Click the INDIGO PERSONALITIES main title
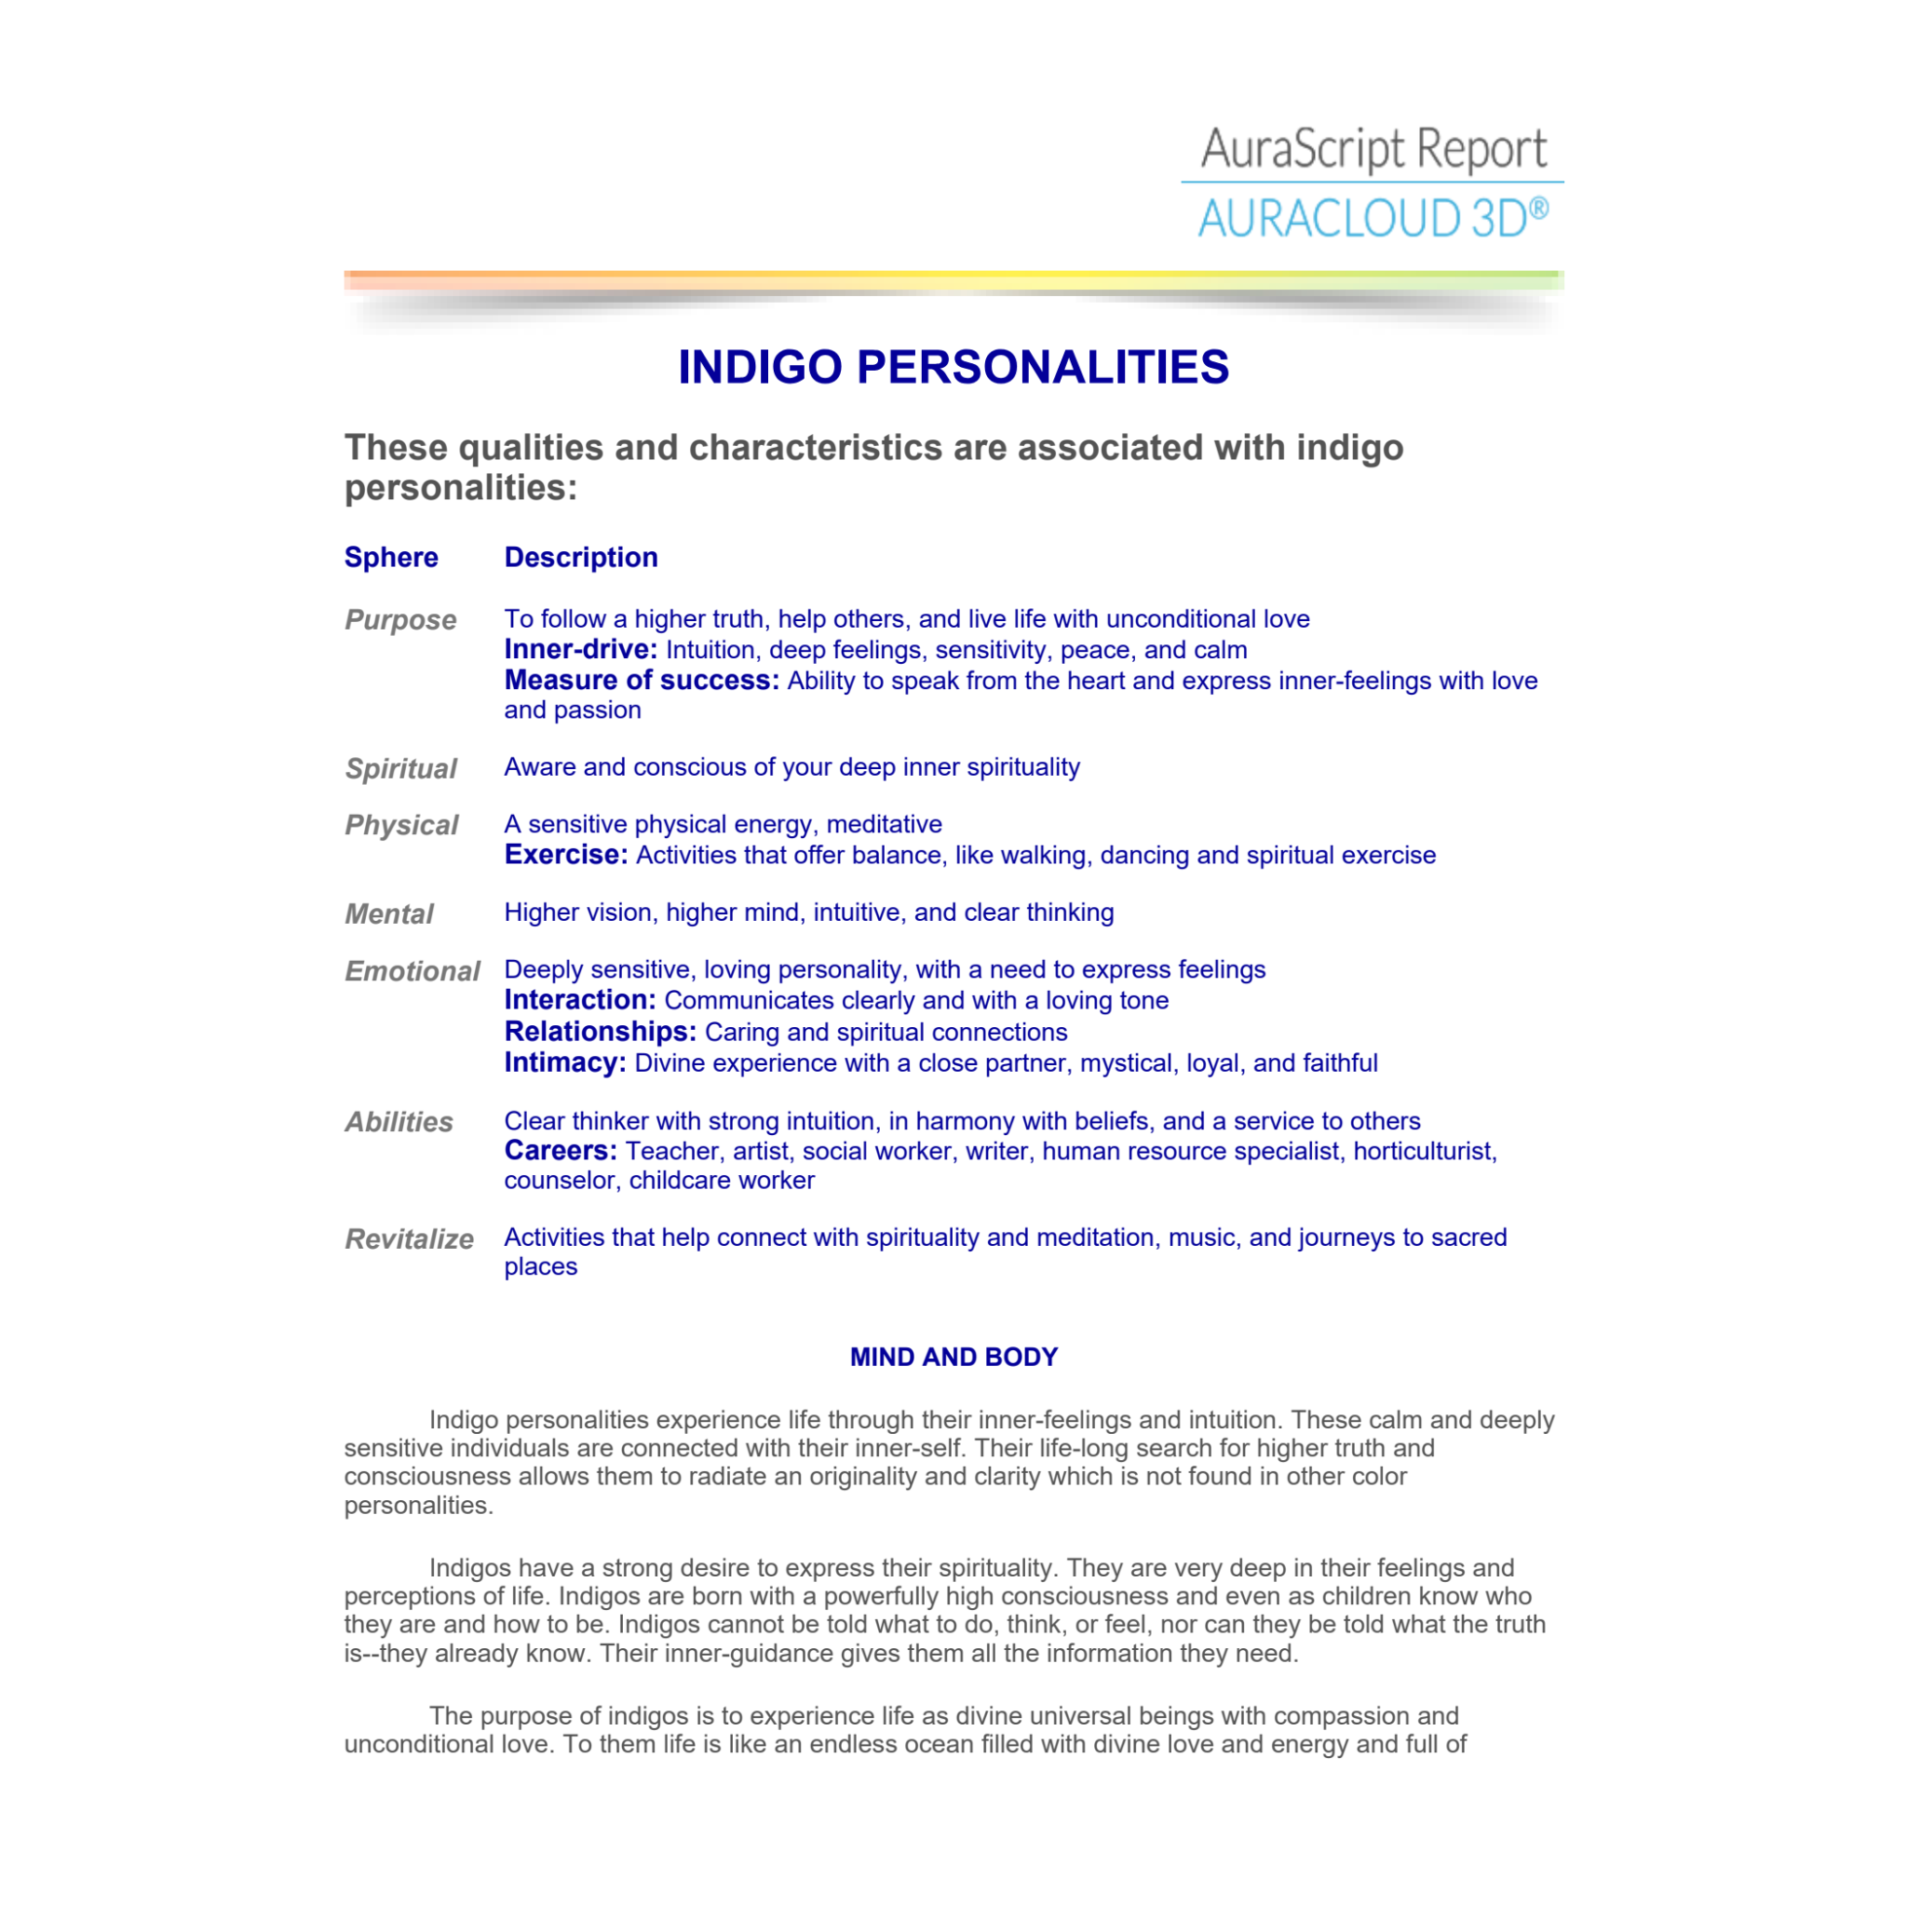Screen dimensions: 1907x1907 953,367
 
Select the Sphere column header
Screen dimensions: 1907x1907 391,558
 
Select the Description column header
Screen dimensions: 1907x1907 580,558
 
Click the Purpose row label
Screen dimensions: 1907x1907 399,620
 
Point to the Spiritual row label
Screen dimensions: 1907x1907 399,769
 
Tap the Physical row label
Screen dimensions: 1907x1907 400,825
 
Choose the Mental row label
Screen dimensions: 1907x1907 389,914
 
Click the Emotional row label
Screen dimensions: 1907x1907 412,971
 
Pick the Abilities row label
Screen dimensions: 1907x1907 399,1122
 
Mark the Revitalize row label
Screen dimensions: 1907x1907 409,1239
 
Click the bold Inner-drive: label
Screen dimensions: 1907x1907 580,650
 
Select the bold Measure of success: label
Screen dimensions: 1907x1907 642,680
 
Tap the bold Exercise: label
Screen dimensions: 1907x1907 565,855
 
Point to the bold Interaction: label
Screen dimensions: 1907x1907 579,1000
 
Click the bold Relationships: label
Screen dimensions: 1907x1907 601,1032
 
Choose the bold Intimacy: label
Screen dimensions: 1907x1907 564,1063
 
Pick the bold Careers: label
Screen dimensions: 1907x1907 560,1151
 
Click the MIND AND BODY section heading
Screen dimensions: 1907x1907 953,1358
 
